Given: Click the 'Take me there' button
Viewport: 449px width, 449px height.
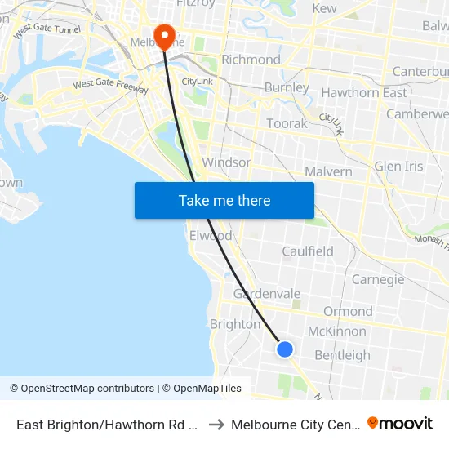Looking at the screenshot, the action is (224, 200).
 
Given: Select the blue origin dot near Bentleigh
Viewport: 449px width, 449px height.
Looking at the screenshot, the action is (284, 349).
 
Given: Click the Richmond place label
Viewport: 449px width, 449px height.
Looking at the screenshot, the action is (251, 60).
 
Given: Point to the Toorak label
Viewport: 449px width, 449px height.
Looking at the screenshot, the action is (287, 124).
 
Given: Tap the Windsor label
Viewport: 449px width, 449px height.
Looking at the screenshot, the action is (226, 162).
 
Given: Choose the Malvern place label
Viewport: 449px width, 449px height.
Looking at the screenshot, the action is (328, 171).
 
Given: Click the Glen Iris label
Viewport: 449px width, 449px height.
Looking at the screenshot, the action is (398, 167).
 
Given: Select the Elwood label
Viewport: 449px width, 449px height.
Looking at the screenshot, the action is (211, 236).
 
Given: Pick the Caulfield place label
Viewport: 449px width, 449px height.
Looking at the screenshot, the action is (308, 251).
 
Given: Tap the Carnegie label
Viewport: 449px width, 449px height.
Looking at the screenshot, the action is (378, 280).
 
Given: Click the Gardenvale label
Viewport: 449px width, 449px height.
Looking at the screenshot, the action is (267, 294).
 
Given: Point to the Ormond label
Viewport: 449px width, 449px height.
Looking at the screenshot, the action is (348, 311).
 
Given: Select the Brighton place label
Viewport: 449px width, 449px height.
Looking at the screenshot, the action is (235, 324).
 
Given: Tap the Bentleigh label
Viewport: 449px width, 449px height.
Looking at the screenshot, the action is (342, 355).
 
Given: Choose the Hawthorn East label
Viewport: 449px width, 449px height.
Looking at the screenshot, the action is (364, 93).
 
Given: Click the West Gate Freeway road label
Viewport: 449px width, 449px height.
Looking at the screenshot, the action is (110, 84).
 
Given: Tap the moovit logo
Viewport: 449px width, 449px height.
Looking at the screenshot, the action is (400, 424).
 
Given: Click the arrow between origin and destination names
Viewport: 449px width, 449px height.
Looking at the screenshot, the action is (216, 425).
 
